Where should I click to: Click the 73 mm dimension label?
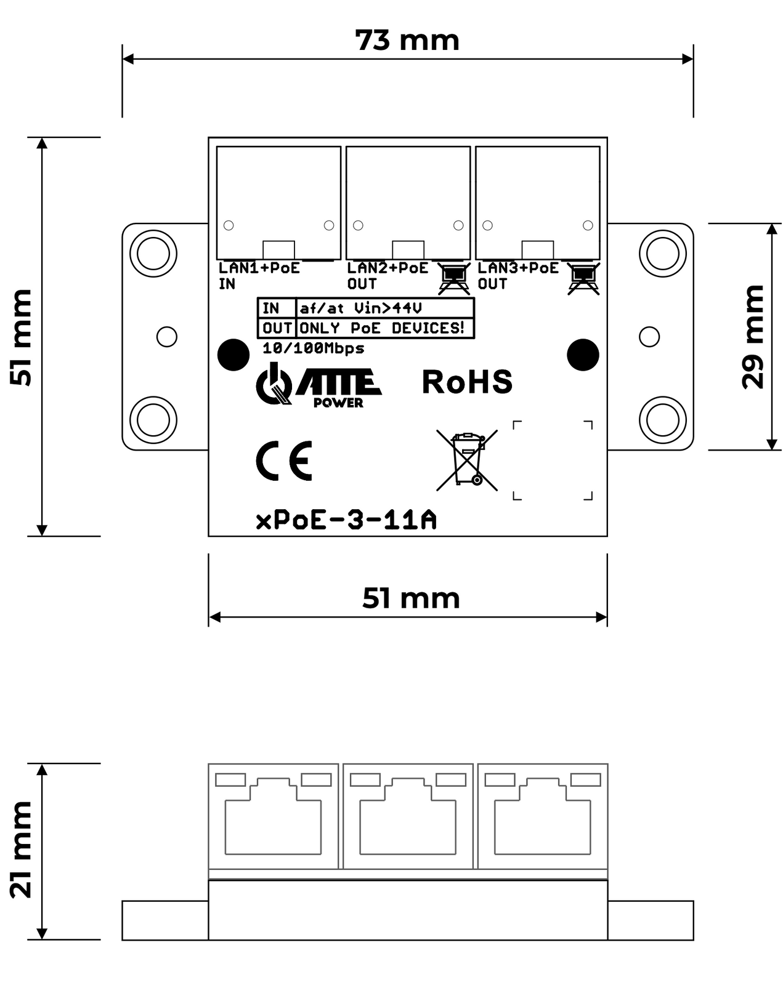coord(407,41)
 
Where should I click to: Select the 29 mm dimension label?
coord(753,337)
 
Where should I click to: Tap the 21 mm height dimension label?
coord(21,850)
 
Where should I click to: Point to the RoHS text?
coord(467,382)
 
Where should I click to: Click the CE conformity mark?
coord(284,460)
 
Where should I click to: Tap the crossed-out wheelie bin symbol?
coord(467,460)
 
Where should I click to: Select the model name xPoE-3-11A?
coord(346,520)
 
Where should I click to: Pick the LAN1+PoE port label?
coord(259,268)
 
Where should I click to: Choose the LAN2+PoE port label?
coord(387,268)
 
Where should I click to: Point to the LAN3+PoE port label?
coord(518,268)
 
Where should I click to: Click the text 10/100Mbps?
coord(313,348)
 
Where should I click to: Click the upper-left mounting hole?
coord(153,253)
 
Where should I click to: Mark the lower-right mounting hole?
coord(662,420)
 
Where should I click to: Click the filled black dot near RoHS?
coord(582,355)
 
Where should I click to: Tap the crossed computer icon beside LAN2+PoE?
coord(454,278)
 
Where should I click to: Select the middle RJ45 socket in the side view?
coord(408,816)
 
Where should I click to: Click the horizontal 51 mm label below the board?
coord(411,598)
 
